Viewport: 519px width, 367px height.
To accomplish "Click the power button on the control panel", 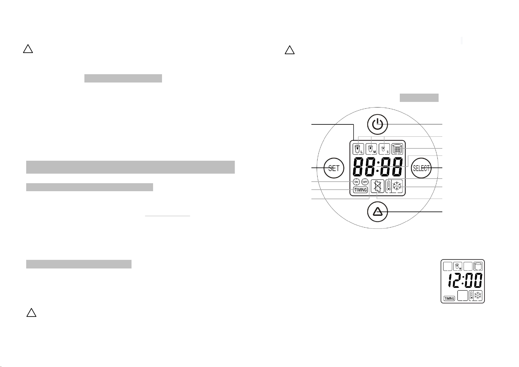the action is pyautogui.click(x=377, y=124).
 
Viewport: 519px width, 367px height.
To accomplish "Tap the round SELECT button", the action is pyautogui.click(x=421, y=168).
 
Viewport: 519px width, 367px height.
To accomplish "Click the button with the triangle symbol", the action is pyautogui.click(x=377, y=212).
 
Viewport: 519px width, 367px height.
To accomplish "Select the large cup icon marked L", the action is pyautogui.click(x=358, y=149).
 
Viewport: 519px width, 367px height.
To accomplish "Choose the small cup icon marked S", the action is pyautogui.click(x=384, y=149).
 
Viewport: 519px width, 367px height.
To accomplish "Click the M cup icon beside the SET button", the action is pyautogui.click(x=371, y=149).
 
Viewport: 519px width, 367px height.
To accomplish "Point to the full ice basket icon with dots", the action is pyautogui.click(x=397, y=149).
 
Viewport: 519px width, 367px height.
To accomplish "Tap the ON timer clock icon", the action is pyautogui.click(x=356, y=182).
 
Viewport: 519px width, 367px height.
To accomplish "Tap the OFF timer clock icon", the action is pyautogui.click(x=365, y=182).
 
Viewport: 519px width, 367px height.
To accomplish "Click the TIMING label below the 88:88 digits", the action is pyautogui.click(x=360, y=190).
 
